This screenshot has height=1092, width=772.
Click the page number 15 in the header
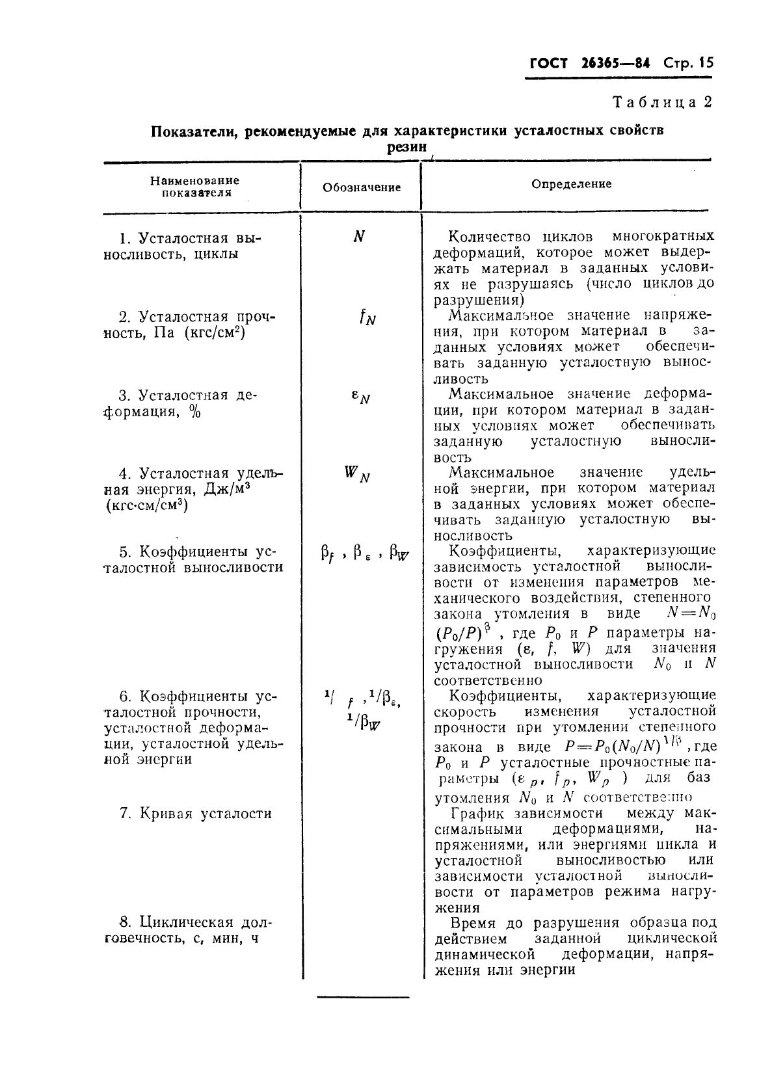click(705, 63)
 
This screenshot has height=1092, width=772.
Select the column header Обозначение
click(362, 187)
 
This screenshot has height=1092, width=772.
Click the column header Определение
click(571, 184)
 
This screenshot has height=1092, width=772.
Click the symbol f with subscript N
click(367, 317)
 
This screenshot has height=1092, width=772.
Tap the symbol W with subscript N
click(357, 474)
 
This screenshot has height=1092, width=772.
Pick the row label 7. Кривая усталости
click(195, 814)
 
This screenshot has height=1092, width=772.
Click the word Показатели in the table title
click(187, 130)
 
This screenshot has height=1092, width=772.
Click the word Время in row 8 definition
click(473, 923)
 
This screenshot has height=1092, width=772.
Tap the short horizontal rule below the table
click(363, 997)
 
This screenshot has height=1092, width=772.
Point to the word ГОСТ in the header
click(549, 63)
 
